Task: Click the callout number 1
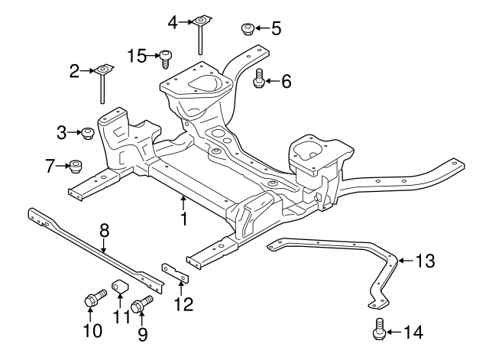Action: pos(183,219)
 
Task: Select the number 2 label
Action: pos(74,73)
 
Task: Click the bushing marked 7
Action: pos(75,164)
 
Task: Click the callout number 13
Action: pos(424,261)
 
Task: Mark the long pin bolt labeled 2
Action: pos(102,84)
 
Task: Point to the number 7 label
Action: pos(50,164)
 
